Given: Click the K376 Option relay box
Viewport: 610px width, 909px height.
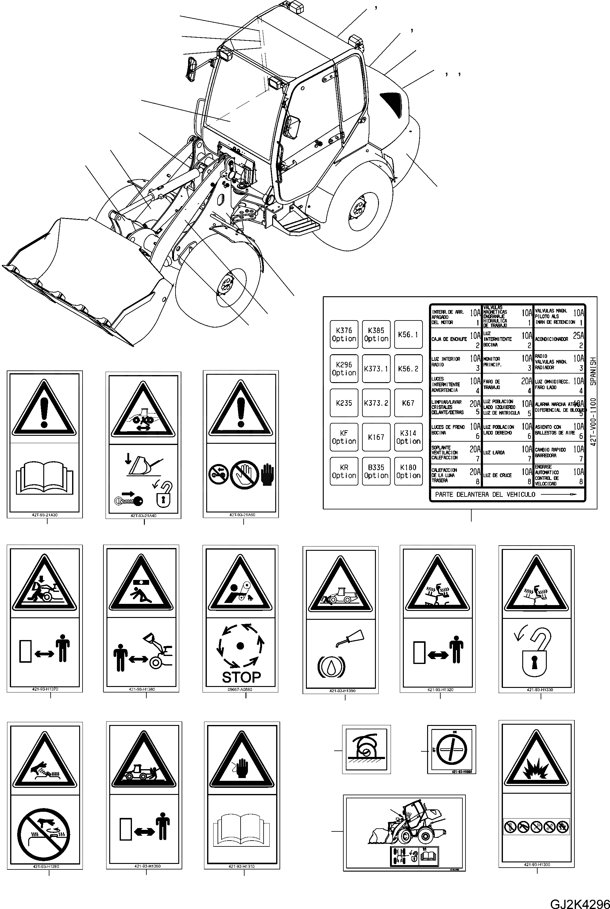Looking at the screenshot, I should point(344,334).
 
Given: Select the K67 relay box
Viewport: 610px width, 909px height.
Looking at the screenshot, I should point(408,403).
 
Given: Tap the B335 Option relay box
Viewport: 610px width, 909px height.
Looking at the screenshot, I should point(376,471).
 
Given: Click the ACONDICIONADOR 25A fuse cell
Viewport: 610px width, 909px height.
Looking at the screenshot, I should point(559,339).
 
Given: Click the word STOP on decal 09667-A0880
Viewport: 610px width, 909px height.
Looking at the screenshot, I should point(241,677).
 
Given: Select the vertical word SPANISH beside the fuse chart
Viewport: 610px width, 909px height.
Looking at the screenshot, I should point(593,371).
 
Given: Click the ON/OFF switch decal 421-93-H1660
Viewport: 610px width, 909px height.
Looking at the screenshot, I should point(451,749).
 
